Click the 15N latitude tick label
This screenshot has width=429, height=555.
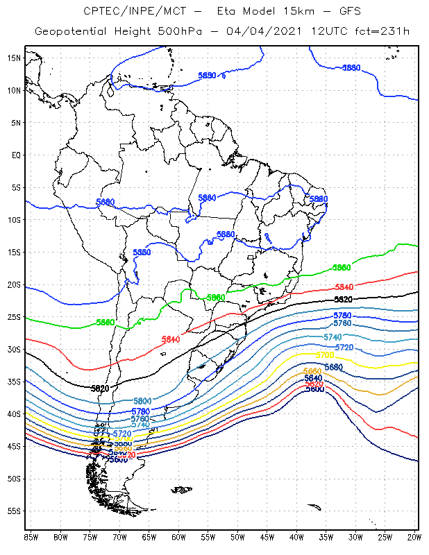pyautogui.click(x=13, y=58)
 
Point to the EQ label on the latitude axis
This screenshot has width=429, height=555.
pyautogui.click(x=15, y=155)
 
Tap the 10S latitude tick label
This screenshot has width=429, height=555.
pyautogui.click(x=13, y=220)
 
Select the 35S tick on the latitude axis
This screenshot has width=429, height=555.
pyautogui.click(x=13, y=382)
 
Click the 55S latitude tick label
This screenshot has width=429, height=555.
pyautogui.click(x=13, y=511)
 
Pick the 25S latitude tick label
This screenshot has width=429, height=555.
pyautogui.click(x=13, y=317)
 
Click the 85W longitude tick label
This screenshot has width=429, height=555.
pyautogui.click(x=31, y=536)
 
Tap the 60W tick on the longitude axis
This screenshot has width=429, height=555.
pyautogui.click(x=178, y=536)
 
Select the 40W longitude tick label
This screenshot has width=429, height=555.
pyautogui.click(x=296, y=536)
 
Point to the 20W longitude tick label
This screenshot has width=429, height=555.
pyautogui.click(x=414, y=536)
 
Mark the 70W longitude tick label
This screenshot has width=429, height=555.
pyautogui.click(x=119, y=536)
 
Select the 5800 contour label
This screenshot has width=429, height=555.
pyautogui.click(x=142, y=401)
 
